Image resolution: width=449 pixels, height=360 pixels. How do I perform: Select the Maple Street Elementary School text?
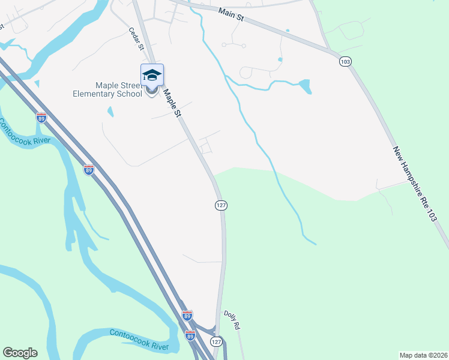(x=107, y=89)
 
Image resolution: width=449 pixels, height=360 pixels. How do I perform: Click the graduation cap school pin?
(x=152, y=75)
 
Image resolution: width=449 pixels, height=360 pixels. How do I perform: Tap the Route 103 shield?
(x=345, y=61)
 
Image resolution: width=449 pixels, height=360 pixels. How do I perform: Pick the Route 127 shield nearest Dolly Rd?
(x=216, y=341)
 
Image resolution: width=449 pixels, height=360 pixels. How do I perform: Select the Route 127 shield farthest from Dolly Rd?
(x=221, y=205)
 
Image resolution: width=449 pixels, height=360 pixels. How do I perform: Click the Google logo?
(x=20, y=353)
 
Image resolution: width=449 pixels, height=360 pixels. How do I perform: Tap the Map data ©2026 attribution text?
(x=423, y=355)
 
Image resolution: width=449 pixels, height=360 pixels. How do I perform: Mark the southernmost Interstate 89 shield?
(x=190, y=335)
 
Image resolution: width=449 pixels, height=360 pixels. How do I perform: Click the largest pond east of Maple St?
(x=304, y=87)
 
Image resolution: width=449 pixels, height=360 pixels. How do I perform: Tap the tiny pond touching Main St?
(x=288, y=31)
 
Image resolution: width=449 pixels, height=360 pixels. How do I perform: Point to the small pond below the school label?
(x=110, y=112)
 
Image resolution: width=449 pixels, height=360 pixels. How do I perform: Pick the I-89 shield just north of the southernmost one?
(x=187, y=315)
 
